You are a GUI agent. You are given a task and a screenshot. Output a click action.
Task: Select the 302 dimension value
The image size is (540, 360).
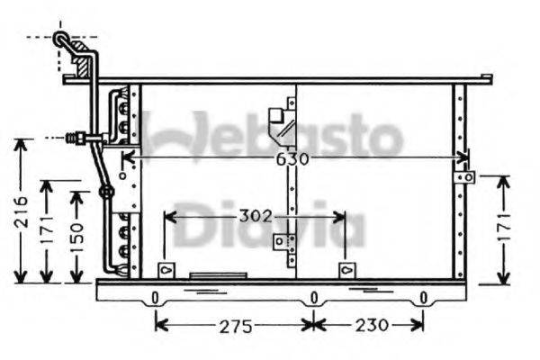[256, 217]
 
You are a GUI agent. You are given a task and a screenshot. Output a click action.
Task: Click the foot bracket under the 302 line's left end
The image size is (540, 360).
[165, 270]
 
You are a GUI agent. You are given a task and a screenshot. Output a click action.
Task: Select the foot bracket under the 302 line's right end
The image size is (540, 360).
[345, 270]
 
